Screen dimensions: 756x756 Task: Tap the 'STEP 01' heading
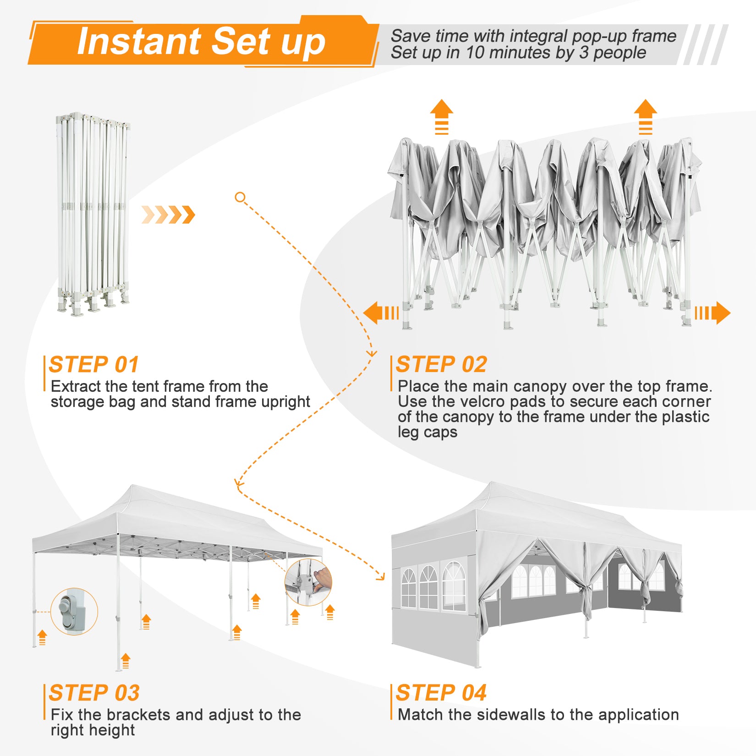coord(94,365)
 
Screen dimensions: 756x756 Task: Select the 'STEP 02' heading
coord(441,365)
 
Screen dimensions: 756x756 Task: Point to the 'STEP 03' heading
coord(94,693)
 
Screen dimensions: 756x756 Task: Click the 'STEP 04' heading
coord(441,693)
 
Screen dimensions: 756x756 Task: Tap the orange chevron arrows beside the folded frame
coord(168,214)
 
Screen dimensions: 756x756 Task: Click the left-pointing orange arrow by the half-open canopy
coord(381,313)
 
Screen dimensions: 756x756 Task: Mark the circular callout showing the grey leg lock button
coord(74,612)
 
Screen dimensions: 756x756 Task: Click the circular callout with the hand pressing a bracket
coord(308,582)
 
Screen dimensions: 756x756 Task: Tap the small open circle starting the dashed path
coord(240,197)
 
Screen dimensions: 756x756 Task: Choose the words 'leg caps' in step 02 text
coord(427,433)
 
